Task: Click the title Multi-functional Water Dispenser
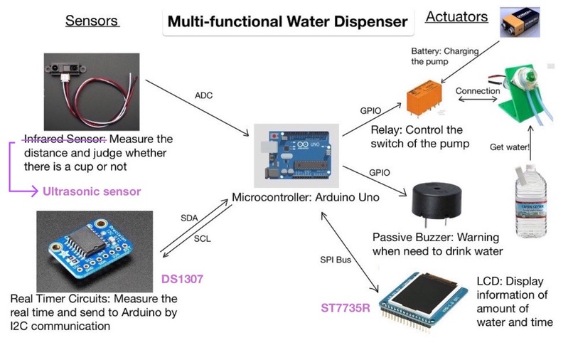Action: (287, 21)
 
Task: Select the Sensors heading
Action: (92, 19)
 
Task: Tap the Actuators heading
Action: (456, 16)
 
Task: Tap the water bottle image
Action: (529, 207)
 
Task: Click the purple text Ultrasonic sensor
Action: (92, 191)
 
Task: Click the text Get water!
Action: (508, 147)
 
